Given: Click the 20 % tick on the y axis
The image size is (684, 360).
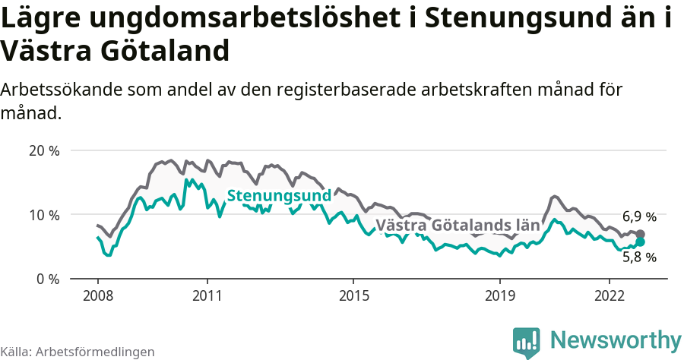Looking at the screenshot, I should [x=43, y=150].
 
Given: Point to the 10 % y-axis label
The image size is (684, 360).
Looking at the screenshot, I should [x=43, y=215].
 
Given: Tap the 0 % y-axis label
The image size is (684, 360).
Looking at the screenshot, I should [x=46, y=279].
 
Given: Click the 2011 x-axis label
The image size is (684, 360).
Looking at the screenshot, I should [x=207, y=295].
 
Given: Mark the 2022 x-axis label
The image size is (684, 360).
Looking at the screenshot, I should [x=610, y=295].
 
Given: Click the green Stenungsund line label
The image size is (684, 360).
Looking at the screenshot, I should [x=279, y=196].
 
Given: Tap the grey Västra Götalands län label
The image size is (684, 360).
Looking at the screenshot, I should [x=458, y=226].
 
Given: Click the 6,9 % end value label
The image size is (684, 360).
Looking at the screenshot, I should [x=638, y=216].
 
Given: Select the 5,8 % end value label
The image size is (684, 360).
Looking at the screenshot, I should [x=638, y=257].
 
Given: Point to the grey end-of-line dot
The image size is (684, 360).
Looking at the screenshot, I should [x=641, y=234].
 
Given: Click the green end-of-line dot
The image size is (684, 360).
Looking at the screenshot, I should [x=641, y=242].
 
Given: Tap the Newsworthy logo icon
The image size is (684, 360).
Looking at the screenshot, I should [x=527, y=341].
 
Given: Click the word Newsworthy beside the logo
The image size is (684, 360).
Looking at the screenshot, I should [x=616, y=339].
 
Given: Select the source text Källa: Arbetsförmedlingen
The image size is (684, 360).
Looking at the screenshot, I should [x=78, y=352].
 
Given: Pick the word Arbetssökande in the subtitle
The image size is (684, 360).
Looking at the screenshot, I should [x=62, y=90].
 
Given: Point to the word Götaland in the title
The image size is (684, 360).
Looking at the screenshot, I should [x=166, y=52].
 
